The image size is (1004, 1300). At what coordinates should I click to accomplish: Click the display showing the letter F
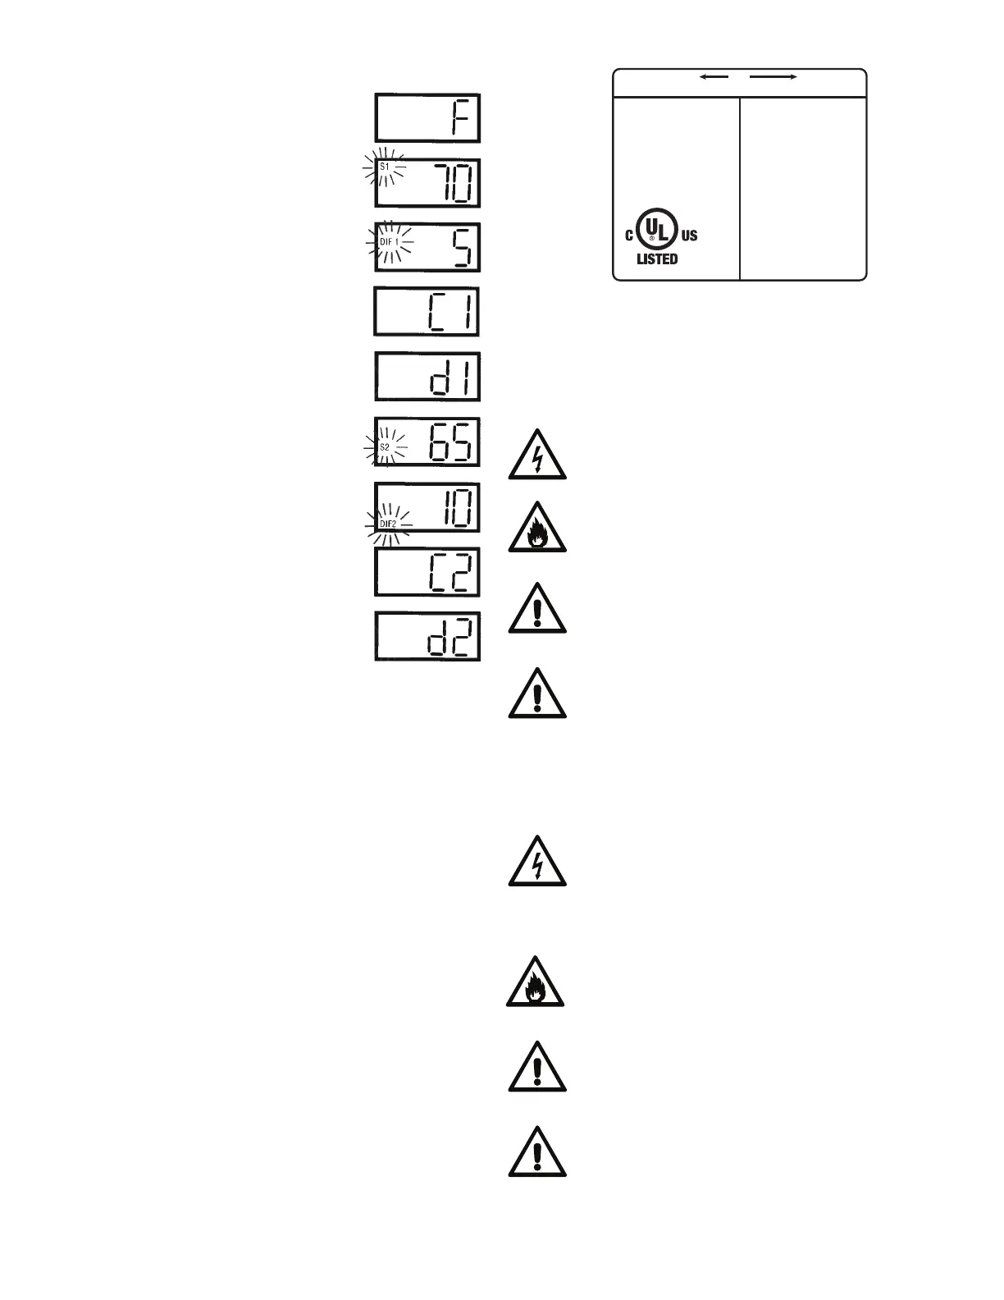coord(427,118)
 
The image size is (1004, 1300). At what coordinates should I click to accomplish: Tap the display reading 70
coord(427,183)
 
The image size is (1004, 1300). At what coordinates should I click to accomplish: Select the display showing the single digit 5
coord(427,247)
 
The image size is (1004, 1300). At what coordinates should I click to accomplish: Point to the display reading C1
coord(427,311)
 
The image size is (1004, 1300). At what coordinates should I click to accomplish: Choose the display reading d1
coord(427,377)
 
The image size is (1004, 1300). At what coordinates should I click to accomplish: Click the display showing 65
coord(427,442)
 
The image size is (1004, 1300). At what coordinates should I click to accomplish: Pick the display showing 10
coord(427,507)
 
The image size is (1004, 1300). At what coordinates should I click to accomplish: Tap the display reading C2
coord(427,572)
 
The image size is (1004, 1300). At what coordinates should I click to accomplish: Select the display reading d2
coord(427,637)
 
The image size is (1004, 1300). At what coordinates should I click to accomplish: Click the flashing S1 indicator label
coord(385,167)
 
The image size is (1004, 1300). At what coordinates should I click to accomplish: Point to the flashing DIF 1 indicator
coord(389,242)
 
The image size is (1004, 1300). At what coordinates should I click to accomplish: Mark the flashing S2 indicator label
coord(385,447)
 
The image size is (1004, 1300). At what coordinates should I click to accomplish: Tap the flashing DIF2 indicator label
coord(388,523)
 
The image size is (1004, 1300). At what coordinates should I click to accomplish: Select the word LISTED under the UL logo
coord(657,259)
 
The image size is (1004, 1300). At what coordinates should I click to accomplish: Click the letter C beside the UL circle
coord(629,236)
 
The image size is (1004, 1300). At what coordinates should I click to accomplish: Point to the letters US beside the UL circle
coord(689,236)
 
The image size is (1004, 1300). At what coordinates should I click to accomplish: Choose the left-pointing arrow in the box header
coord(713,76)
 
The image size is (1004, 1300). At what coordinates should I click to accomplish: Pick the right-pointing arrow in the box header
coord(774,76)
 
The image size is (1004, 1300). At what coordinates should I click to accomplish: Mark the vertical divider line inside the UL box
coord(740,188)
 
